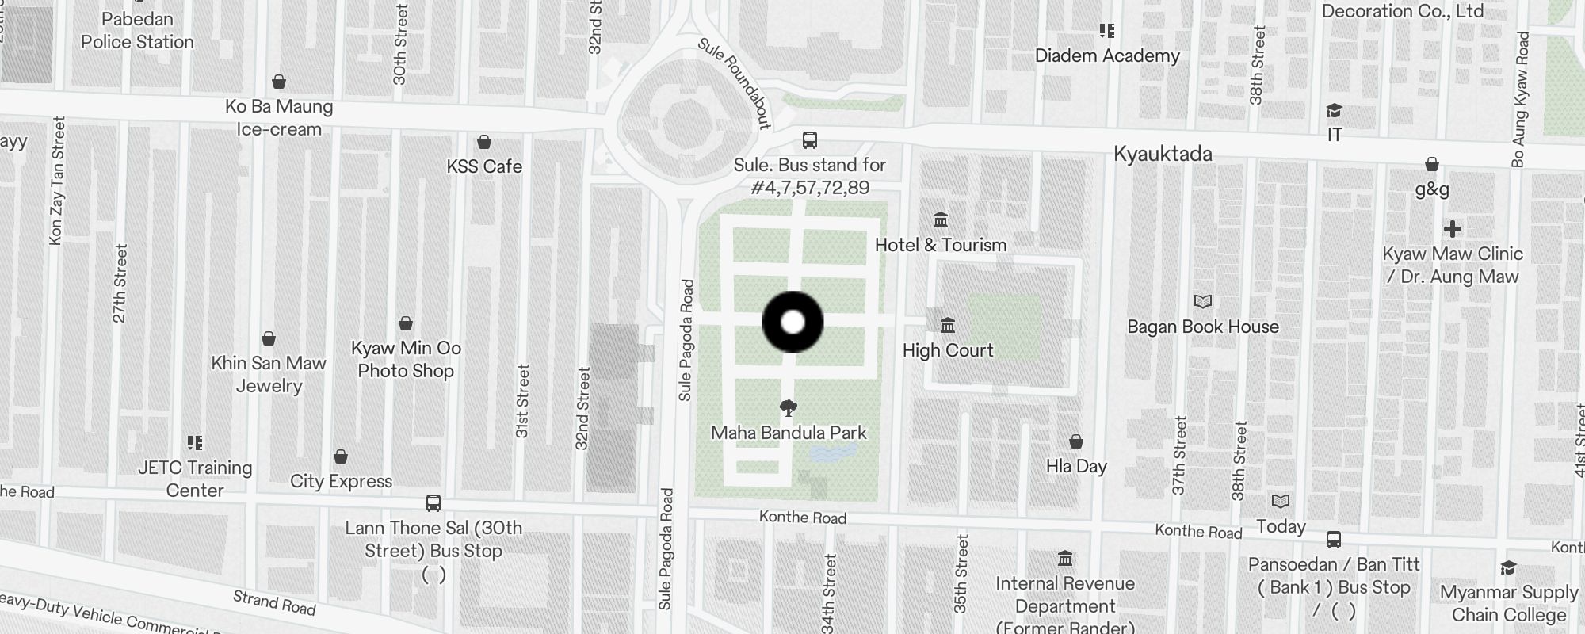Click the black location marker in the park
coord(792,322)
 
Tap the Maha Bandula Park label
coord(789,433)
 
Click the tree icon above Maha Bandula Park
coord(788,408)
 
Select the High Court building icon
coord(947,325)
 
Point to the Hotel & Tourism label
coord(941,245)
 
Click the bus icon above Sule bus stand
coord(809,140)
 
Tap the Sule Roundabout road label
coord(735,82)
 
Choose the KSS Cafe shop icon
coord(484,142)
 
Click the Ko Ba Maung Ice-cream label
coord(279,117)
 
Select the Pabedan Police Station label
coord(137,31)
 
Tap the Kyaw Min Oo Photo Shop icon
coord(406,323)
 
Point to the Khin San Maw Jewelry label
coord(269,374)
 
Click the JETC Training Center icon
coord(195,442)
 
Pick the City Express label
coord(341,481)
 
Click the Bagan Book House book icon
coord(1203,301)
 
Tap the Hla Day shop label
coord(1076,466)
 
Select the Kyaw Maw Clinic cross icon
coord(1452,229)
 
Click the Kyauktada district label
coord(1163,154)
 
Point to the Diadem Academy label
coord(1107,55)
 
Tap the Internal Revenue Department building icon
coord(1065,559)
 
